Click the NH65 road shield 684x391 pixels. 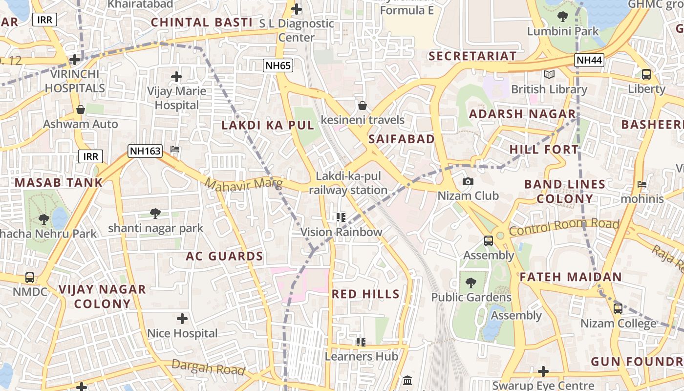tap(278, 65)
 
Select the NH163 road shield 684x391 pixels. tap(145, 151)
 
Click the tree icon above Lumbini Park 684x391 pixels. tap(562, 17)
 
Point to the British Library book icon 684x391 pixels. tap(549, 75)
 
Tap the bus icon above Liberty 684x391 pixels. tap(646, 75)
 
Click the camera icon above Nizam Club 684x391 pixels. tap(468, 182)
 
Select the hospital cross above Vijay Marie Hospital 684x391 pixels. tap(176, 77)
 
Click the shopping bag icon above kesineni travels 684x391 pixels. tap(363, 106)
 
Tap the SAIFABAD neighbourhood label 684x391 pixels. tap(402, 139)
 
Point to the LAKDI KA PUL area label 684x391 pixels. tap(268, 125)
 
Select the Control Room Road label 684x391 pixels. tap(564, 227)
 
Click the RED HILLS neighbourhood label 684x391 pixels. tap(365, 294)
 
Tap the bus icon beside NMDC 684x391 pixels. tap(30, 278)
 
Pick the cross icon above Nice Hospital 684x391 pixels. tap(182, 319)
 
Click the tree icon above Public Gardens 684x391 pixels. tap(470, 282)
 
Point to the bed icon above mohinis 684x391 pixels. tap(642, 184)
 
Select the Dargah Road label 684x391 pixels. tap(208, 368)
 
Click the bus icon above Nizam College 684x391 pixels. tap(618, 309)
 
